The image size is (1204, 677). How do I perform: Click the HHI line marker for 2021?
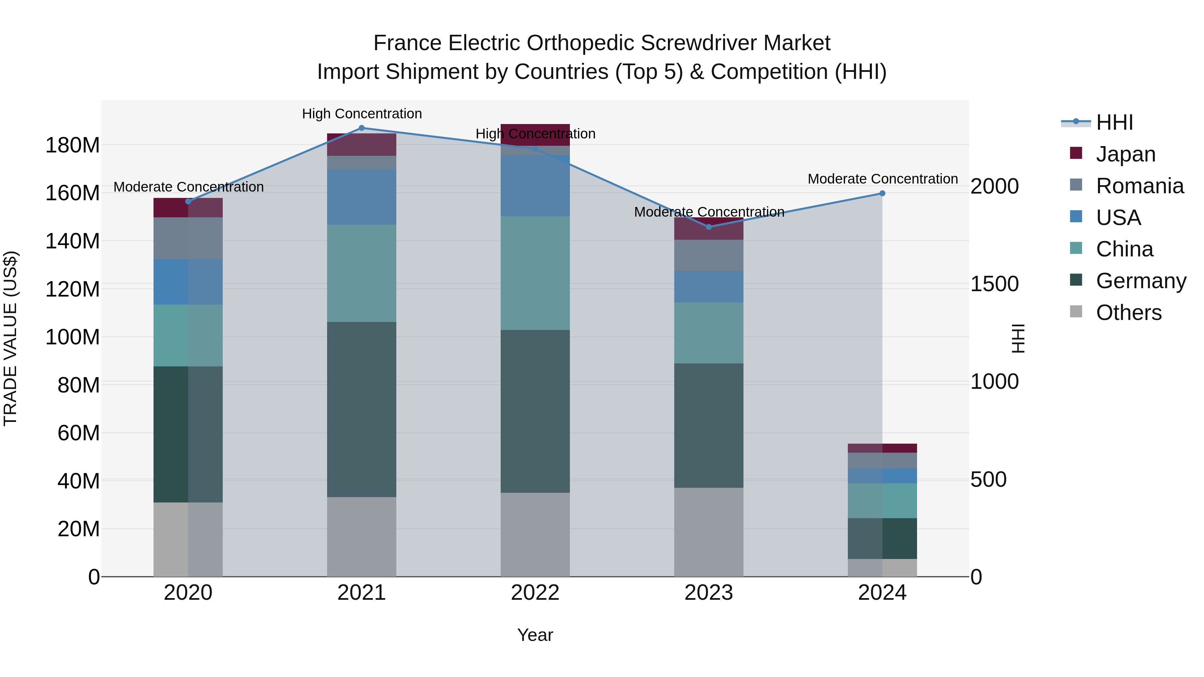[361, 128]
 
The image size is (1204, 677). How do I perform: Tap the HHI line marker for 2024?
[882, 194]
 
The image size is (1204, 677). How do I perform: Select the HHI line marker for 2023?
[709, 227]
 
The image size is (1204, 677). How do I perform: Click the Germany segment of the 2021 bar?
[361, 409]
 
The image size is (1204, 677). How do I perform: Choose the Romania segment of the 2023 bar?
[709, 255]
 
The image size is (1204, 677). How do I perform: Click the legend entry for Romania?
[1139, 186]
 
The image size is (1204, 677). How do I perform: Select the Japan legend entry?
[1125, 154]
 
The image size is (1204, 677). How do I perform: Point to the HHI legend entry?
[1114, 122]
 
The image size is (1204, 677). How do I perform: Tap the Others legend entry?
[1128, 313]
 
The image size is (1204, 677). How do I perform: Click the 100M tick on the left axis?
[73, 337]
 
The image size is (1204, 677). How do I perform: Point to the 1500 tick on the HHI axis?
[994, 284]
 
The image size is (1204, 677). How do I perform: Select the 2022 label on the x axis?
[535, 593]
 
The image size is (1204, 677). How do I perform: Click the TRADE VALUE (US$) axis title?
[10, 338]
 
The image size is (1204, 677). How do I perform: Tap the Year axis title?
[535, 635]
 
